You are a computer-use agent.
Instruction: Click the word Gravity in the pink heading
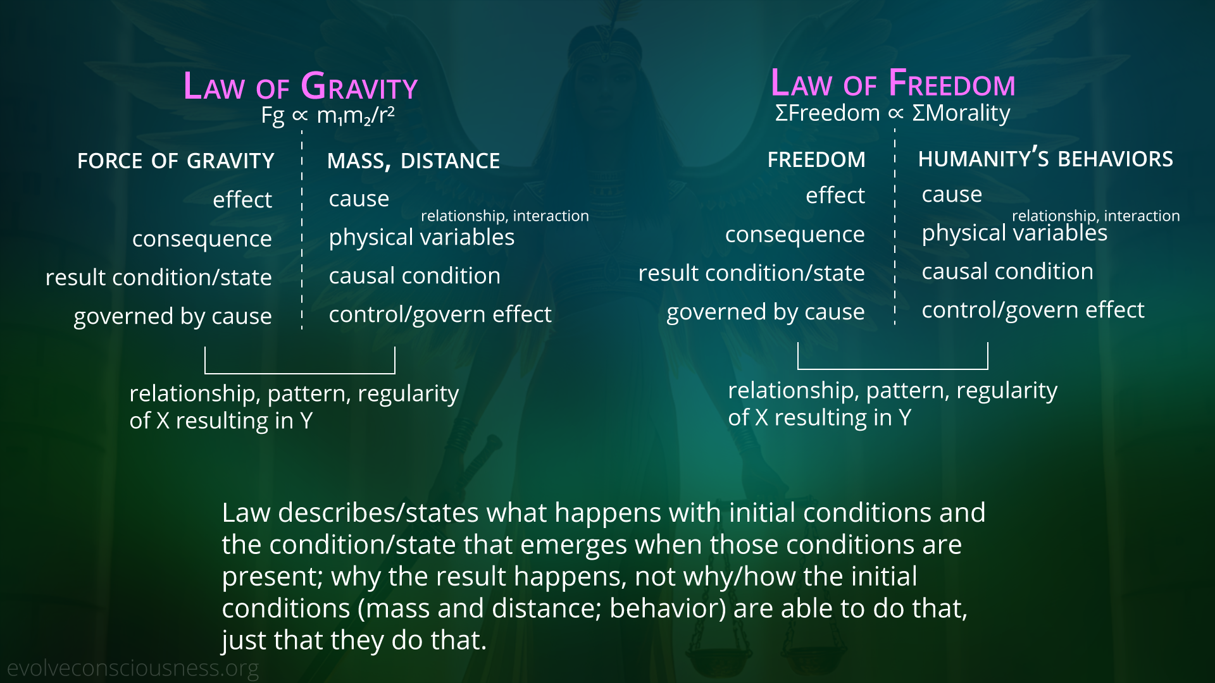(359, 87)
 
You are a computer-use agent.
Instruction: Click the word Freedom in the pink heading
(952, 83)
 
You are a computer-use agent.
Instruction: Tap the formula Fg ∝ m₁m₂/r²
(328, 116)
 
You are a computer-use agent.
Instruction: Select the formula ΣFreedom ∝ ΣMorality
(892, 113)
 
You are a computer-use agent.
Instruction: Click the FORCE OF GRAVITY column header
(176, 161)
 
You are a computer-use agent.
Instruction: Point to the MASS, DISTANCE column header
(413, 161)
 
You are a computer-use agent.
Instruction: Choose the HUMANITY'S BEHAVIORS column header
(1045, 158)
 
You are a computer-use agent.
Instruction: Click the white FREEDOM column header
(816, 159)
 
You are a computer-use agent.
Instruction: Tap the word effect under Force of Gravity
(242, 200)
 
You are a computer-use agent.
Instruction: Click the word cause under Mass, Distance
(359, 199)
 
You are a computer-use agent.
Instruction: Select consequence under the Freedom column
(795, 235)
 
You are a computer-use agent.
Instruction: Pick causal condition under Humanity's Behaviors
(1007, 271)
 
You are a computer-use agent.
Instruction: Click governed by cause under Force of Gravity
(173, 316)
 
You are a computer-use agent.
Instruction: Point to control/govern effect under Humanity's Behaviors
(1033, 311)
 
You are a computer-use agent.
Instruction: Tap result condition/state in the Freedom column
(751, 273)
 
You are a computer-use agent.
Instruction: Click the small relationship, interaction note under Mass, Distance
(504, 216)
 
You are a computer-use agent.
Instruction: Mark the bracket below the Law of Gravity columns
(300, 372)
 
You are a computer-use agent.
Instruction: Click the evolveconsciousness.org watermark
(133, 668)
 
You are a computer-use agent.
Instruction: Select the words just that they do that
(354, 640)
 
